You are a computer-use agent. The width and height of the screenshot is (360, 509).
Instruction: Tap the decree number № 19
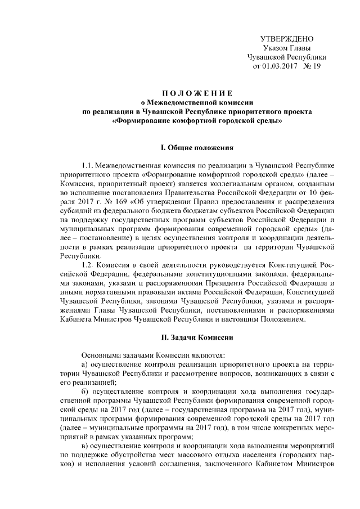(312, 66)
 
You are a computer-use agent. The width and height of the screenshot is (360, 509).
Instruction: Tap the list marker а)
(85, 365)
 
